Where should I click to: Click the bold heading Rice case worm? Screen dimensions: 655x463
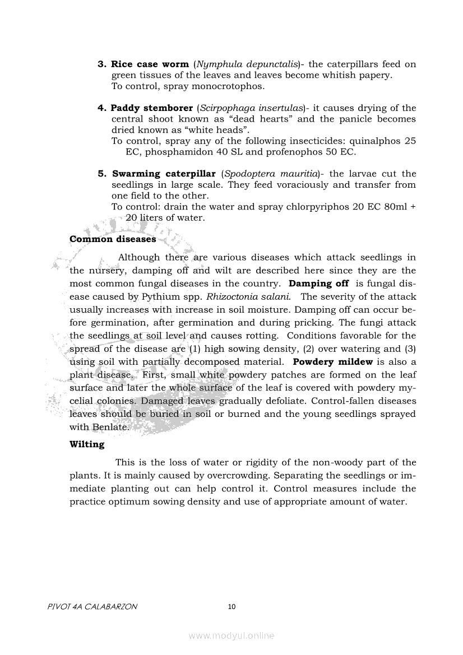click(150, 64)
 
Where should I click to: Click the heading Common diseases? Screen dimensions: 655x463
click(113, 239)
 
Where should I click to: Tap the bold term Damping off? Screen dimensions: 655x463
click(318, 284)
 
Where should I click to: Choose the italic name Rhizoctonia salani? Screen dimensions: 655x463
click(252, 297)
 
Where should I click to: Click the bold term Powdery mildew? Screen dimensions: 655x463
click(333, 362)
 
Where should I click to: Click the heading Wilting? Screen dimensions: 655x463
click(87, 444)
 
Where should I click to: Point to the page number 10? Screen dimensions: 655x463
click(232, 606)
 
